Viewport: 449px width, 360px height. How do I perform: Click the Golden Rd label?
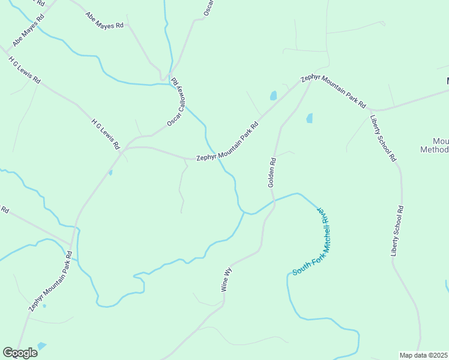coord(272,173)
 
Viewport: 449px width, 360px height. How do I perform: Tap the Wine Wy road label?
coord(226,280)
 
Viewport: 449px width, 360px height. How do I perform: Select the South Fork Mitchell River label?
coord(313,242)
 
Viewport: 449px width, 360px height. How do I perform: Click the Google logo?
coord(20,353)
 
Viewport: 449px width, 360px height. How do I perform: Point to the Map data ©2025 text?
coord(424,355)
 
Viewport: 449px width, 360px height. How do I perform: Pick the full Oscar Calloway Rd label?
coord(177,103)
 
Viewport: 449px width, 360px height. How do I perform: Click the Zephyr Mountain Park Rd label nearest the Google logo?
coord(50,281)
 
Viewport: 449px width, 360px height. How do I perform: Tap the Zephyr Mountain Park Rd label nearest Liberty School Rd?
coord(334,91)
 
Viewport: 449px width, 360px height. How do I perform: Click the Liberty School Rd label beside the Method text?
coord(383,138)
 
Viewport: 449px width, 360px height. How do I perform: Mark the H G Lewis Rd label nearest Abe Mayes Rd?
coord(25,70)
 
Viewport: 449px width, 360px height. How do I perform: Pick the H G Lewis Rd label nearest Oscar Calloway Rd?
coord(106,133)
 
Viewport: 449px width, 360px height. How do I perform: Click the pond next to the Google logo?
coord(41,346)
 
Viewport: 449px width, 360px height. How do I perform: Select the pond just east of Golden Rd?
coord(310,118)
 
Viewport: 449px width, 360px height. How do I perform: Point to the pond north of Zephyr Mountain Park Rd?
coord(274,95)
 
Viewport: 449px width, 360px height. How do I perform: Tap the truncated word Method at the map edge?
coord(434,149)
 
